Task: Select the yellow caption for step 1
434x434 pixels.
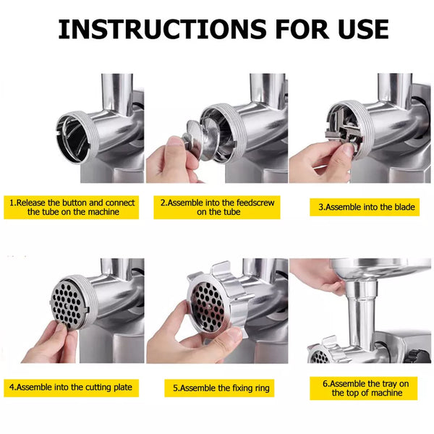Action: pos(72,208)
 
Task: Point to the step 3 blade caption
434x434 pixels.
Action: pos(365,207)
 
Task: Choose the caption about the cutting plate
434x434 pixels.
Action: pos(71,388)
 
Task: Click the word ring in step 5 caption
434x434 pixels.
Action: pos(263,388)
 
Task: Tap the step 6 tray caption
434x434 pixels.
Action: pos(363,388)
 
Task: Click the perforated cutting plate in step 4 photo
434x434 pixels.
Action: pos(69,303)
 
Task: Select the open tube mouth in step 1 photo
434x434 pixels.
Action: pos(75,137)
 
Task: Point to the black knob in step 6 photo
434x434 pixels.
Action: pos(420,356)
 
